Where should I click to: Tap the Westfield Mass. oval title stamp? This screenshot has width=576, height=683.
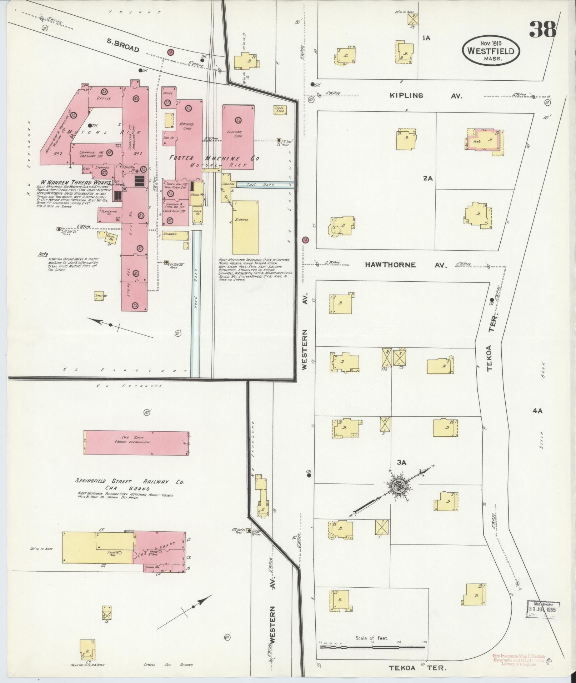click(491, 51)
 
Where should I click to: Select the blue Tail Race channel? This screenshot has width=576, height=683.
click(265, 185)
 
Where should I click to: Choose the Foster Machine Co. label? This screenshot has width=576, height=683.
click(214, 158)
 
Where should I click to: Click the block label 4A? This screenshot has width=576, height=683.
click(537, 411)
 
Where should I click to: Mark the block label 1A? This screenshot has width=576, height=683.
click(426, 38)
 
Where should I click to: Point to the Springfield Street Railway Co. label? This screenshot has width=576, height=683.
click(129, 481)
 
